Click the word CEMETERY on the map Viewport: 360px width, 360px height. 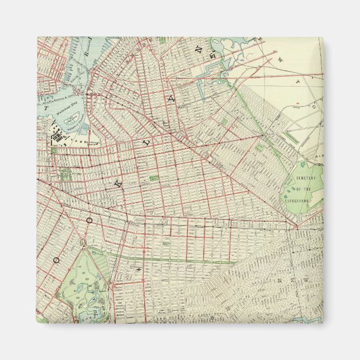(306, 178)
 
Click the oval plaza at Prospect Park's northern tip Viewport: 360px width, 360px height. (83, 243)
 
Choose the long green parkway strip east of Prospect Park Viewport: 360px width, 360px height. (168, 258)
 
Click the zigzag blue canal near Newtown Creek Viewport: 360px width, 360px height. (211, 70)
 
